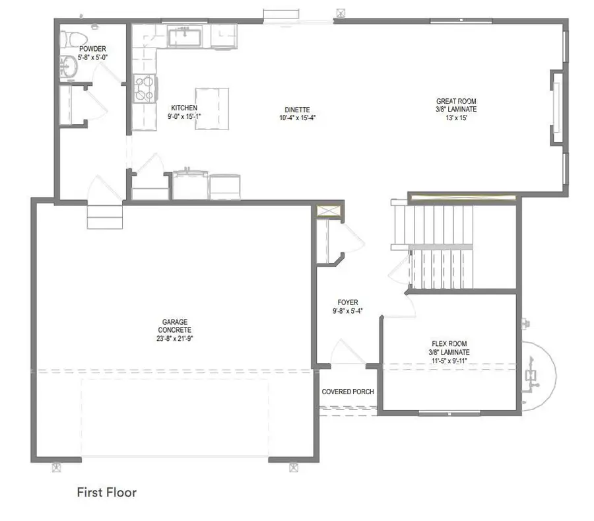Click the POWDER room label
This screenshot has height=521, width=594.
pos(92,49)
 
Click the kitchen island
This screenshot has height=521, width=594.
pos(212,108)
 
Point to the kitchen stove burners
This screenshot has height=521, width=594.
pos(145,88)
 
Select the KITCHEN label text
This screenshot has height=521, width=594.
pos(184,108)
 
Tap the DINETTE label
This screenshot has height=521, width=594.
pos(294,110)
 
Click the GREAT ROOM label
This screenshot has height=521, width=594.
pos(456,101)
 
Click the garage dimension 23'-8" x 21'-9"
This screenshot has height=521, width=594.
pos(175,338)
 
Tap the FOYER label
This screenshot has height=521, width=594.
pos(347,302)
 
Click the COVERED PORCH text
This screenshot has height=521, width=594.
pos(348,392)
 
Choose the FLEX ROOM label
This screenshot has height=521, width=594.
pos(450,343)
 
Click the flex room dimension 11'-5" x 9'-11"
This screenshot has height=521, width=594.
pos(450,361)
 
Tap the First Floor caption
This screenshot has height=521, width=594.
pos(106,492)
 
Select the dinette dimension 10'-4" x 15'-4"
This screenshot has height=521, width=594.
pos(294,119)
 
